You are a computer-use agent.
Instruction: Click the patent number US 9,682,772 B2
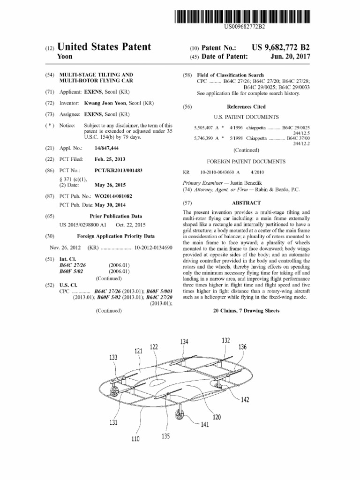coord(280,48)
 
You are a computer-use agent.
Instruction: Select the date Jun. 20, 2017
coord(290,57)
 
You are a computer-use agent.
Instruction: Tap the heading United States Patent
coord(104,47)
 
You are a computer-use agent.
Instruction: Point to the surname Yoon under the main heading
coord(65,57)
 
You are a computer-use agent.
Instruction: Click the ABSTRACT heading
coord(246,203)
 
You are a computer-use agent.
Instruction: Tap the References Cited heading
coord(246,106)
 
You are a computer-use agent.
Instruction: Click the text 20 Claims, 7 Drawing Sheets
coord(246,311)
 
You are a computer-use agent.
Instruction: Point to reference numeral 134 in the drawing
coord(184,342)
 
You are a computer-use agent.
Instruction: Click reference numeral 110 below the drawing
coord(135,439)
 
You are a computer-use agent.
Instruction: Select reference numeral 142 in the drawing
coord(245,399)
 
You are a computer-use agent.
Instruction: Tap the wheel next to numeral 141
coord(180,414)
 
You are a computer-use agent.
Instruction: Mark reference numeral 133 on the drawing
coord(113,357)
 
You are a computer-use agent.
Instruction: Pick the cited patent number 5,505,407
coord(205,127)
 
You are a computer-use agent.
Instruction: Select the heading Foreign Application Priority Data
coord(116,236)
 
